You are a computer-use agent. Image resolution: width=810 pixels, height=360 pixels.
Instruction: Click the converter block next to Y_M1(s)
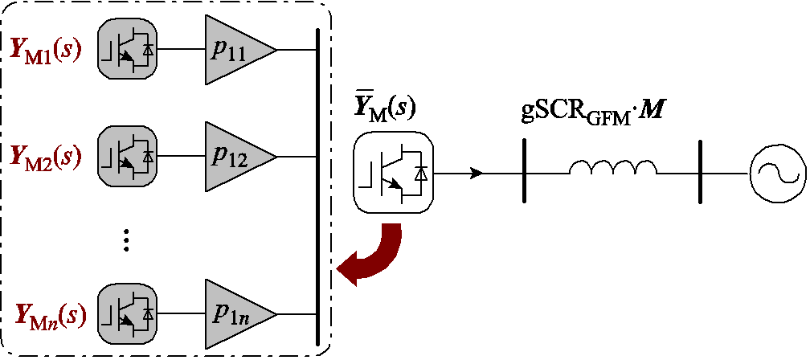tap(127, 49)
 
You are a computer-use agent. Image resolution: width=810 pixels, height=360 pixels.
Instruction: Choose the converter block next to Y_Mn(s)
tap(127, 313)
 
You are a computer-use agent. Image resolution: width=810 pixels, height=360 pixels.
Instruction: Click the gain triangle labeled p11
tap(235, 49)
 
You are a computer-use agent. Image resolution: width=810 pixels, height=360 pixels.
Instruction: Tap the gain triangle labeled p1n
tap(235, 313)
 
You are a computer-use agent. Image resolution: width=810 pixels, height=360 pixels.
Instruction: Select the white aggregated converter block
tap(394, 172)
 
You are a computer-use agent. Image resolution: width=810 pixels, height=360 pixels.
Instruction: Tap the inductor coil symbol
tap(612, 167)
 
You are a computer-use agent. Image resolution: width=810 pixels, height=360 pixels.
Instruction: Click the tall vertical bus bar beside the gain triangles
tap(318, 185)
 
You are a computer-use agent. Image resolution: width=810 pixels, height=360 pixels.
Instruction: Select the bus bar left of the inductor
tap(523, 172)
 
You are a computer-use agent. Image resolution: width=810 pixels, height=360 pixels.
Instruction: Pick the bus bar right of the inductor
tap(700, 172)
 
